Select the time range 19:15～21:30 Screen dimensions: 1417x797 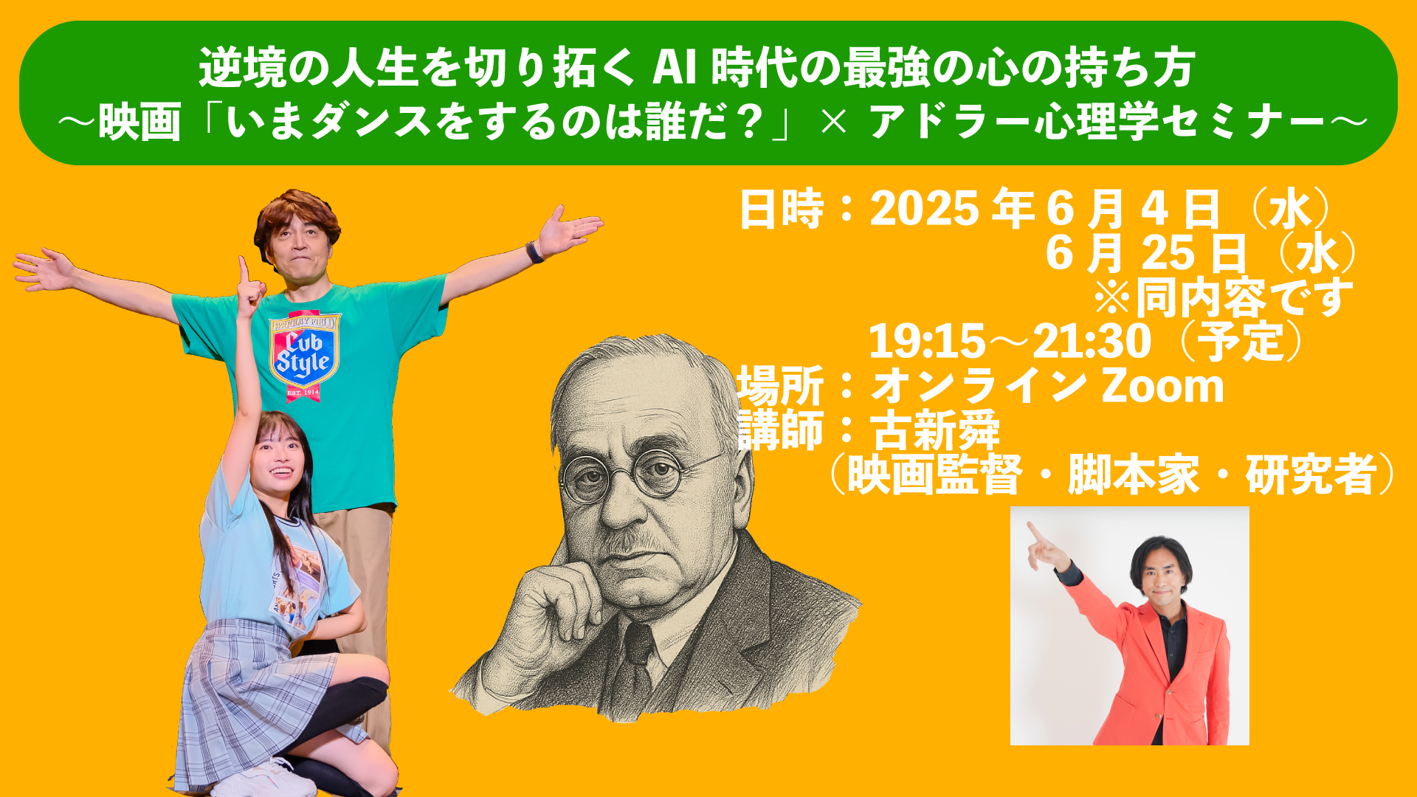1010,342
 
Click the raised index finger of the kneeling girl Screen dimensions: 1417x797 243,270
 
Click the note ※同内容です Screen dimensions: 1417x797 1223,297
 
